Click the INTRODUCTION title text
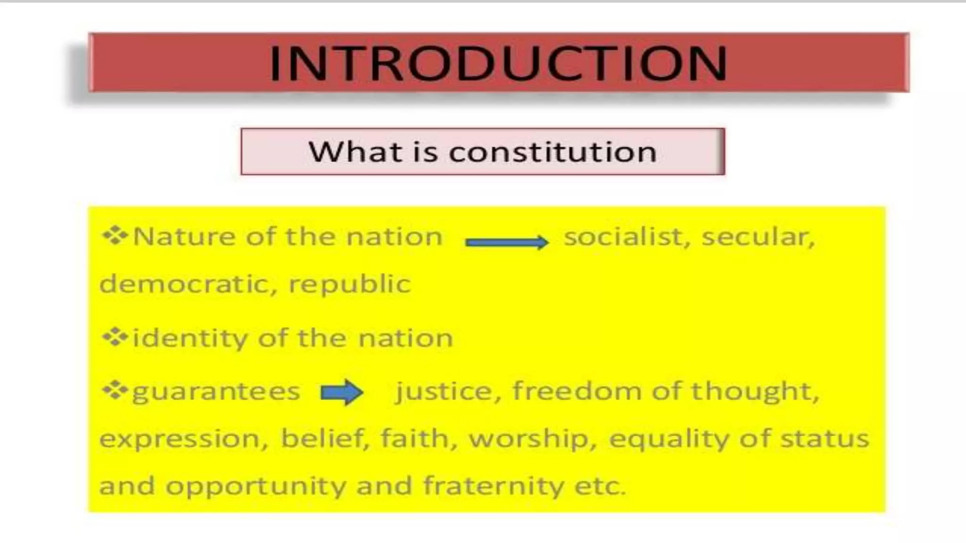(499, 63)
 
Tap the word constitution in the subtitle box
(552, 152)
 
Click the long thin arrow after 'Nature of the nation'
(507, 242)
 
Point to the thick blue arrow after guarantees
(342, 392)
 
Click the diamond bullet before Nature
(115, 236)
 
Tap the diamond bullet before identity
(115, 337)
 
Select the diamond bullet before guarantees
(115, 390)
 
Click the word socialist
(627, 237)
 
